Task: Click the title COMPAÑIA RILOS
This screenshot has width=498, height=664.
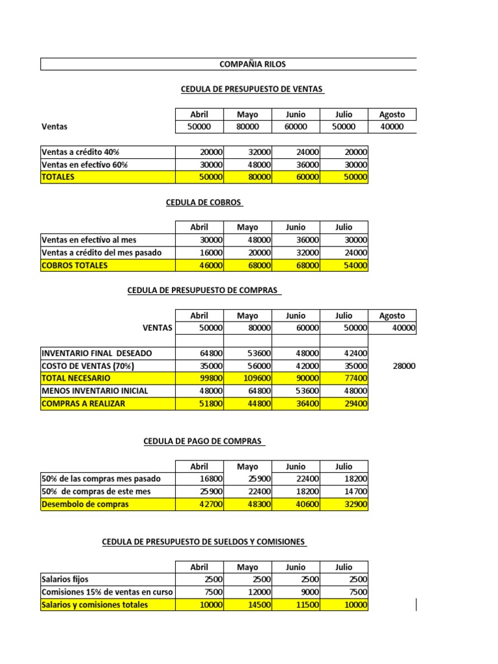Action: click(253, 64)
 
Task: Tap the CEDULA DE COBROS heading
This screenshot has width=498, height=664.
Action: click(205, 202)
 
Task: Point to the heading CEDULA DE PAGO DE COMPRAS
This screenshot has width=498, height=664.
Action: click(204, 442)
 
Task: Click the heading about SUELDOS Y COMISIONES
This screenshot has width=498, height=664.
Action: click(204, 542)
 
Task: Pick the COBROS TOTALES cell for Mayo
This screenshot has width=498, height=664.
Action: click(247, 265)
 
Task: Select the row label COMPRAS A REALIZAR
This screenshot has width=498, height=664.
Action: click(84, 403)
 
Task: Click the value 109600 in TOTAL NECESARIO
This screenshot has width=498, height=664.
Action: click(247, 378)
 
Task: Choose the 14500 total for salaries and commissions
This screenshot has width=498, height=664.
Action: click(247, 605)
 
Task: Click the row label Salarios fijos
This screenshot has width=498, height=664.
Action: click(65, 580)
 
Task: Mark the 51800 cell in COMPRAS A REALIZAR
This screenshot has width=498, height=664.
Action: click(199, 403)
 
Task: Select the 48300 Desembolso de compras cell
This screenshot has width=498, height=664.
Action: click(247, 504)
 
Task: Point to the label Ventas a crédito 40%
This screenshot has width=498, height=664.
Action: click(80, 152)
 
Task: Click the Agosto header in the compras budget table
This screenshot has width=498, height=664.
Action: click(392, 316)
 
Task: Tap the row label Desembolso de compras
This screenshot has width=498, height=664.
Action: click(85, 504)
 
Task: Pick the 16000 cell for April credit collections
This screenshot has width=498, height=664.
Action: click(199, 253)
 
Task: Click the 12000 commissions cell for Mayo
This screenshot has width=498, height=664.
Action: click(247, 592)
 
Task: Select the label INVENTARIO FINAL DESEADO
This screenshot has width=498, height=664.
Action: click(97, 353)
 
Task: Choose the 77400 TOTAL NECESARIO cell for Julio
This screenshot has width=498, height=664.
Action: click(344, 378)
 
